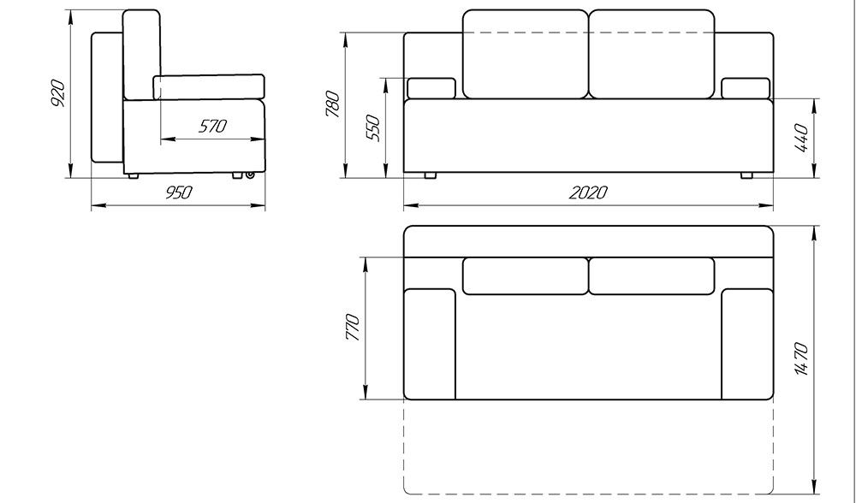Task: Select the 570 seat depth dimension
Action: pos(212,127)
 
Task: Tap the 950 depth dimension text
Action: pos(179,192)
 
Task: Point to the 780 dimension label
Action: pos(332,104)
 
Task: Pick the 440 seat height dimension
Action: pos(801,138)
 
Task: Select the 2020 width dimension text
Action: pos(589,192)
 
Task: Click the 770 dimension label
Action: pos(353,328)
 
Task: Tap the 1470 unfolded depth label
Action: pos(801,359)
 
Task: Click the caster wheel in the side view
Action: pos(250,175)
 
